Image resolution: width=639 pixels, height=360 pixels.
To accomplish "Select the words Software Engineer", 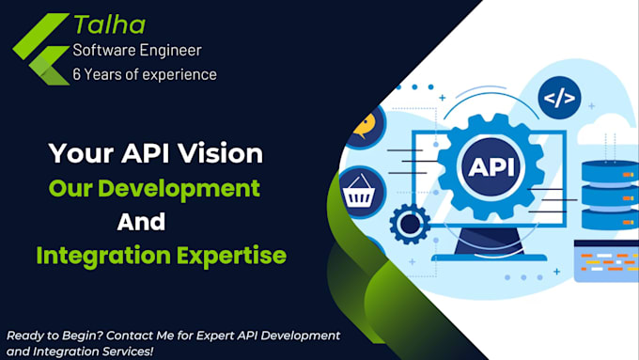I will [137, 50].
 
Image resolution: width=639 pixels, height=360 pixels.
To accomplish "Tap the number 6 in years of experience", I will [78, 73].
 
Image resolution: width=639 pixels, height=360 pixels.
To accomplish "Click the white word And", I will [141, 222].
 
